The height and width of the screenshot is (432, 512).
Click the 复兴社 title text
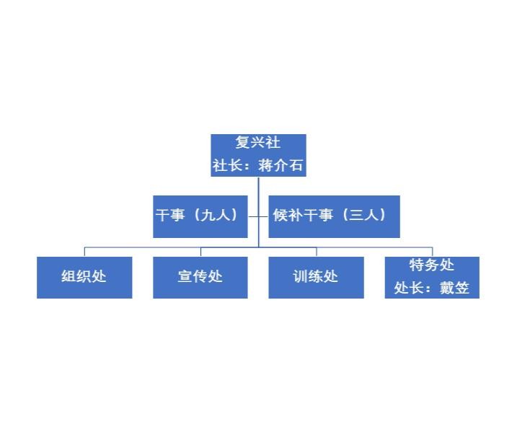pos(258,143)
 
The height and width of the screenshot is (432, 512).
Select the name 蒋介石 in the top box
pos(281,165)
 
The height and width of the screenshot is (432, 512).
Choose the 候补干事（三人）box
pos(334,216)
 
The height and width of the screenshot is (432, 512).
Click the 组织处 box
pos(84,277)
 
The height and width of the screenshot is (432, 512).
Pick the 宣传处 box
pos(200,277)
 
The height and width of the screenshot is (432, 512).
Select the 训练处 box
pos(316,277)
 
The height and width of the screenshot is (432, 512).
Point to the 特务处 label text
pos(432,265)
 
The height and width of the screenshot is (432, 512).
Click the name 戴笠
pos(454,288)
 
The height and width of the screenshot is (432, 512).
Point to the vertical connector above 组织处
pos(84,252)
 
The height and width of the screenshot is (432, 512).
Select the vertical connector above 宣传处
pos(200,252)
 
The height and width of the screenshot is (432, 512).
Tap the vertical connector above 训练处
pos(317,252)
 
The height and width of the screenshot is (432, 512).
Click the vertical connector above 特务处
pos(432,252)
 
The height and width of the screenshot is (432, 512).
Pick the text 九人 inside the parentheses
pos(215,216)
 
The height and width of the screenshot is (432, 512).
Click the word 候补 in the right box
pos(286,216)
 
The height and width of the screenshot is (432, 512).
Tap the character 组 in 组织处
pos(69,277)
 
